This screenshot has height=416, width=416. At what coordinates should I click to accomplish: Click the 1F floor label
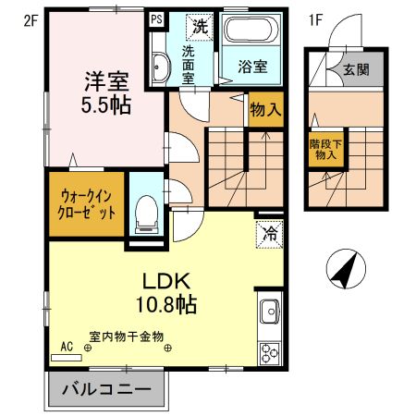point(315,18)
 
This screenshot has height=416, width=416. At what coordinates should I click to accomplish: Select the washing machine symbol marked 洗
point(199,27)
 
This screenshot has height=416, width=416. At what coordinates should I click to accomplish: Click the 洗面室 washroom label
point(188,66)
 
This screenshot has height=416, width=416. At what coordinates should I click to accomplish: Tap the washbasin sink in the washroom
point(159,67)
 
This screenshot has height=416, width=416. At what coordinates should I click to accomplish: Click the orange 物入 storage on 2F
point(266,110)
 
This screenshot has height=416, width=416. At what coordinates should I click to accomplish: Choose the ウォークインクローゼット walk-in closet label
point(89,202)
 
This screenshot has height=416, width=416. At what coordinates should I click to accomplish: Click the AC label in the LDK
point(67,346)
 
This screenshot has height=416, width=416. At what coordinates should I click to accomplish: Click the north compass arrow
point(344,270)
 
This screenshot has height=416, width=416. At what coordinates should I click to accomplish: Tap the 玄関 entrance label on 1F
point(356,69)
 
